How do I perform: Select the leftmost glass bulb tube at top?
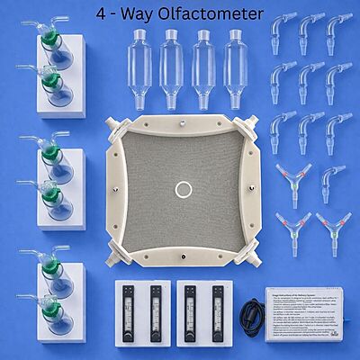140,58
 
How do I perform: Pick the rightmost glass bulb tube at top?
237,58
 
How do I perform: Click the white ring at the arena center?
184,190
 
